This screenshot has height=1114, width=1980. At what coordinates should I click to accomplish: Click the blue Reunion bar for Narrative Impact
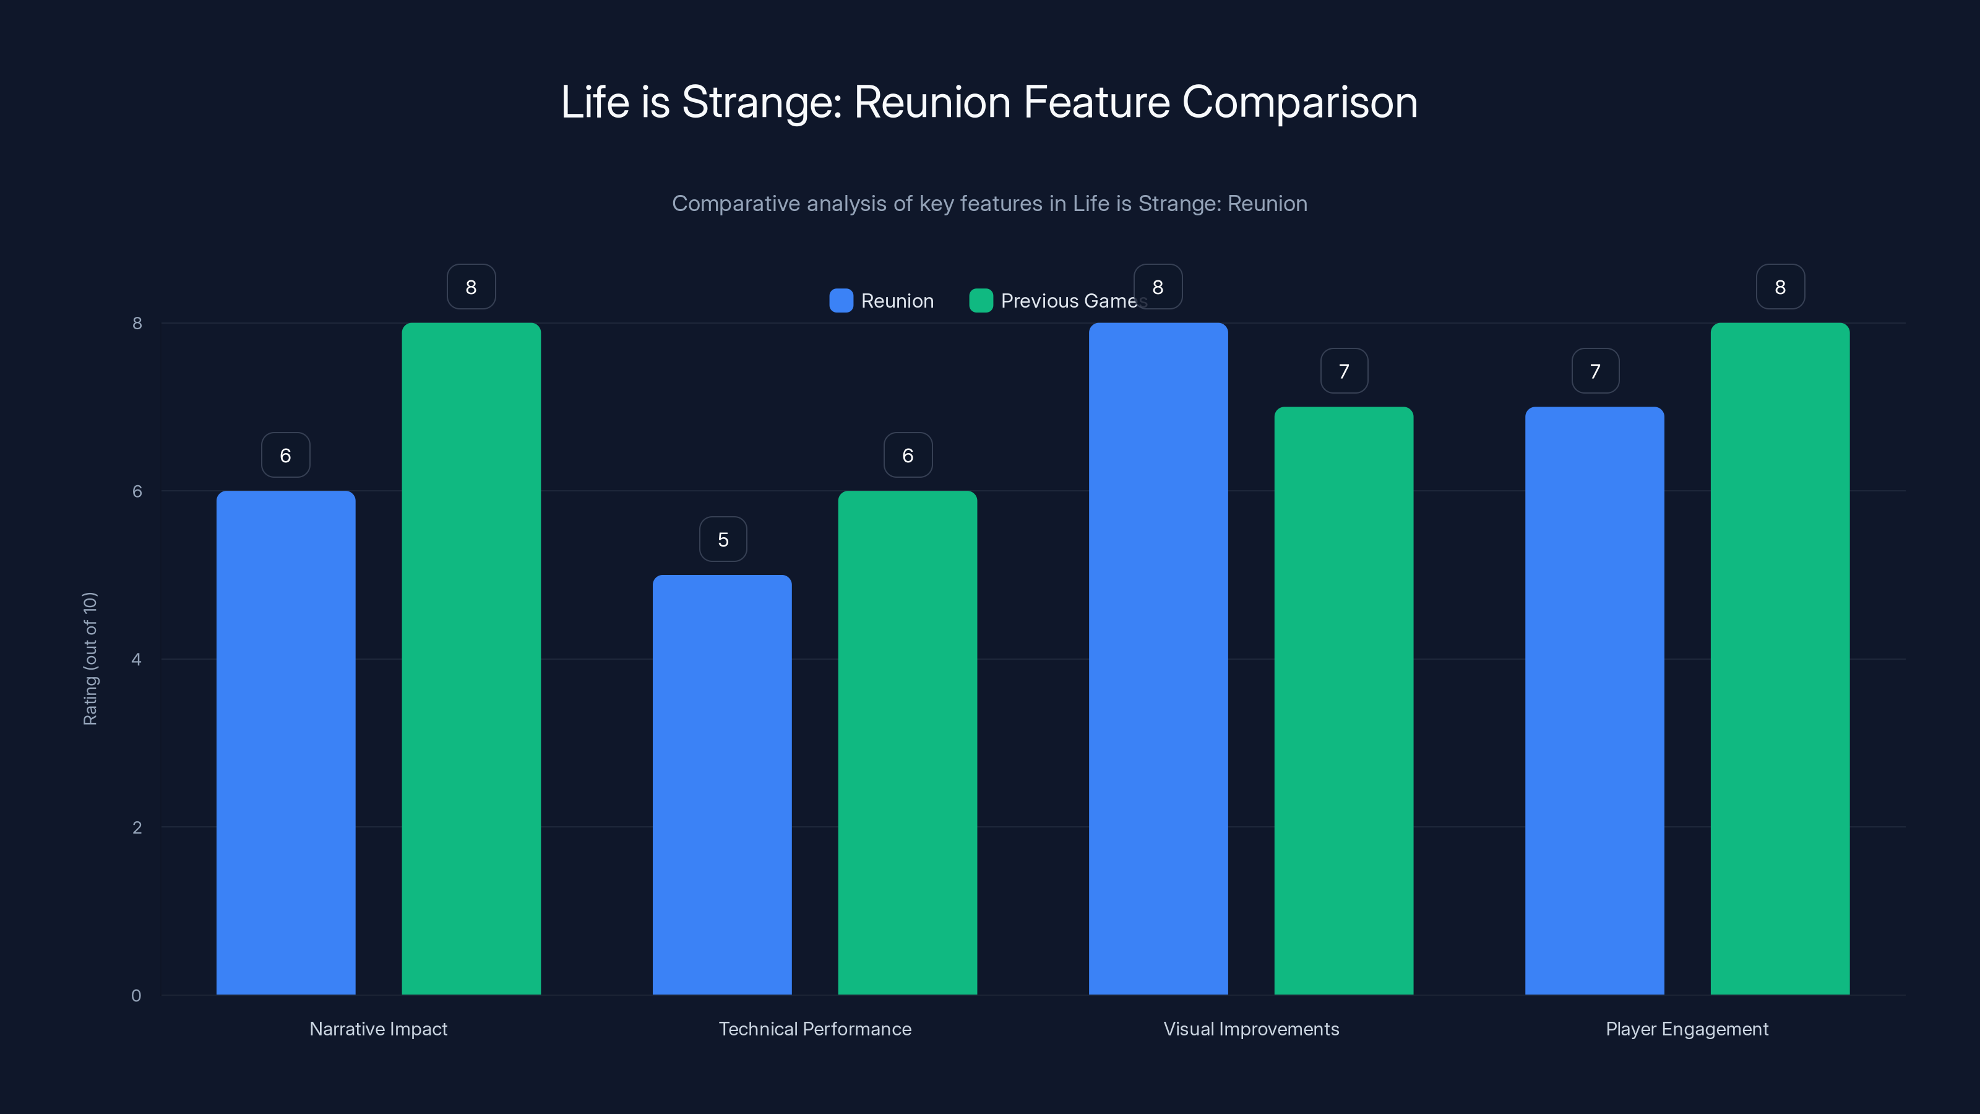[x=285, y=742]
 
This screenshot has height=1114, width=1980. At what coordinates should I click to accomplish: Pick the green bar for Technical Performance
[x=907, y=742]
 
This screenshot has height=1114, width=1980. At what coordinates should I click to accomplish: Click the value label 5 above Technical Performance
[x=723, y=540]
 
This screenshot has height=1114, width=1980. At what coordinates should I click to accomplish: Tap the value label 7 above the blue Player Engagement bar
[x=1595, y=371]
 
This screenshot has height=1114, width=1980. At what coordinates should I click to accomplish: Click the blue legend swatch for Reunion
[x=841, y=301]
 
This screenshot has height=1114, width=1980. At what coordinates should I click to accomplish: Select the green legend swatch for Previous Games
[x=981, y=301]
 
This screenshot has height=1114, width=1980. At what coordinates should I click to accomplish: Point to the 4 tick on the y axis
[x=137, y=660]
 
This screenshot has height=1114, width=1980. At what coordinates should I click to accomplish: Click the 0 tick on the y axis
[x=137, y=996]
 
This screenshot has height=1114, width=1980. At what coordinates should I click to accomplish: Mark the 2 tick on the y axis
[x=137, y=828]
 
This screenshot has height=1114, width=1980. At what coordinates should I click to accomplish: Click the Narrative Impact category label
[x=378, y=1029]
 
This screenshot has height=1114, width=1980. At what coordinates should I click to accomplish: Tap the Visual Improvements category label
[x=1250, y=1029]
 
